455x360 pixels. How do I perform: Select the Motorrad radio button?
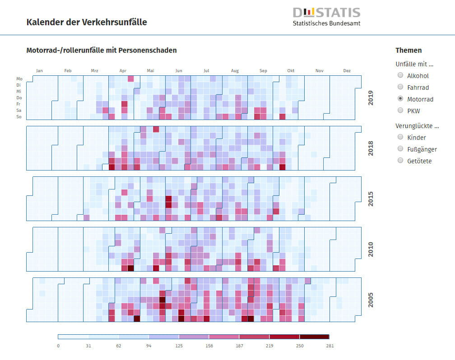(400, 99)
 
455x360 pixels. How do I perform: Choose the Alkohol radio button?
(400, 75)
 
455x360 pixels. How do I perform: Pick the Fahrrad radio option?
(400, 87)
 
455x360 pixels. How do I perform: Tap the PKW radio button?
(400, 111)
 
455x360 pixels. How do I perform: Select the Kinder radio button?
(400, 137)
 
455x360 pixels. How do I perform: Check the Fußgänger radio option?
(400, 149)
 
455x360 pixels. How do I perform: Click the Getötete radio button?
(400, 161)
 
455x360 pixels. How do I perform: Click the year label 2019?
(371, 98)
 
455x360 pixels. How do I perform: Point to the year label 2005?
(371, 300)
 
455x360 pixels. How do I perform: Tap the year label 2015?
(371, 199)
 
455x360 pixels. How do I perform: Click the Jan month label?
(39, 71)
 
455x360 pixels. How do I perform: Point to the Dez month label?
(347, 71)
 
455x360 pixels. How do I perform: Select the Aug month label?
(235, 71)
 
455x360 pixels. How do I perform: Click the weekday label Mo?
(19, 79)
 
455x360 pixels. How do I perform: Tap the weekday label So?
(19, 117)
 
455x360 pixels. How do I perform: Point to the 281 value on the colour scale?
(329, 346)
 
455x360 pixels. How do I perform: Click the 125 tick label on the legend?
(179, 346)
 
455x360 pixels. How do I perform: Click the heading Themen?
(409, 51)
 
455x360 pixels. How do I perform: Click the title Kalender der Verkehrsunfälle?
(87, 22)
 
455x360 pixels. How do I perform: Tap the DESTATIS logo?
(326, 16)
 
